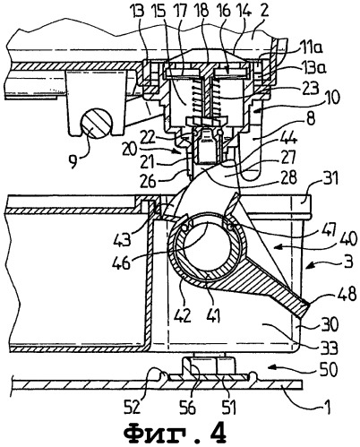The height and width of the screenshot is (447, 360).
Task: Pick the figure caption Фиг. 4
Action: pyautogui.click(x=176, y=432)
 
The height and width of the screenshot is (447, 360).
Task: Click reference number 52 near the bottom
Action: pyautogui.click(x=132, y=406)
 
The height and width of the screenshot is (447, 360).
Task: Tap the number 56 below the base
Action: pyautogui.click(x=187, y=406)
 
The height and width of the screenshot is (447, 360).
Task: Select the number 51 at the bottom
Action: pyautogui.click(x=227, y=406)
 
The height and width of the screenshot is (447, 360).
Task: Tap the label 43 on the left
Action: pyautogui.click(x=123, y=238)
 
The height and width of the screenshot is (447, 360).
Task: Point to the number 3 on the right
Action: pyautogui.click(x=348, y=262)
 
